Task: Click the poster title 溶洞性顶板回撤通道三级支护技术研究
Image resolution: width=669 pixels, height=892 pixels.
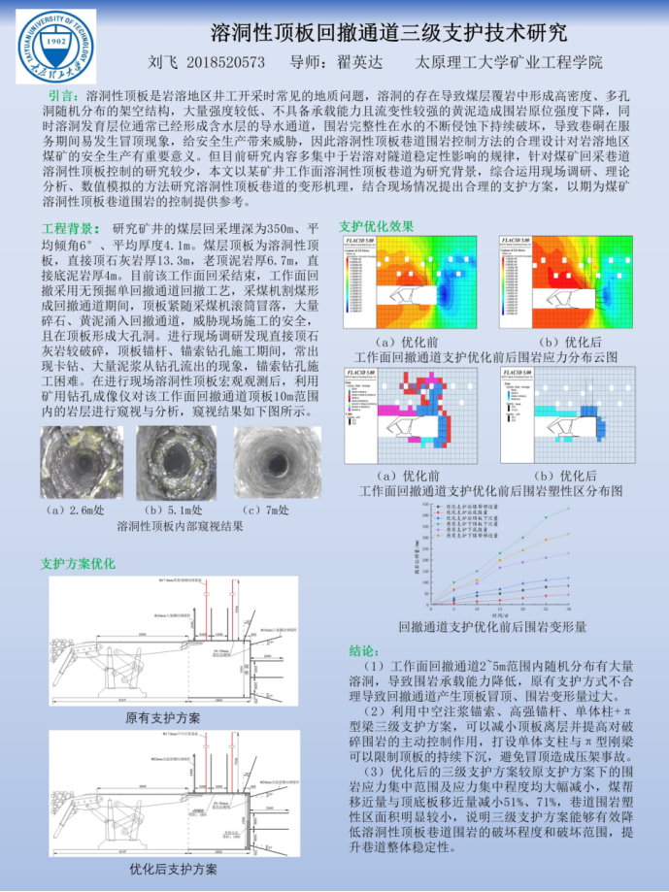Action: (388, 33)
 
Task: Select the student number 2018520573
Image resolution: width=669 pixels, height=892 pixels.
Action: (224, 63)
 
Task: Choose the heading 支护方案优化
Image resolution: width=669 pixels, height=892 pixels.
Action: (78, 563)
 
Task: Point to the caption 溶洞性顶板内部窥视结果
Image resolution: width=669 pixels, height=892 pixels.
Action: (180, 527)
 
